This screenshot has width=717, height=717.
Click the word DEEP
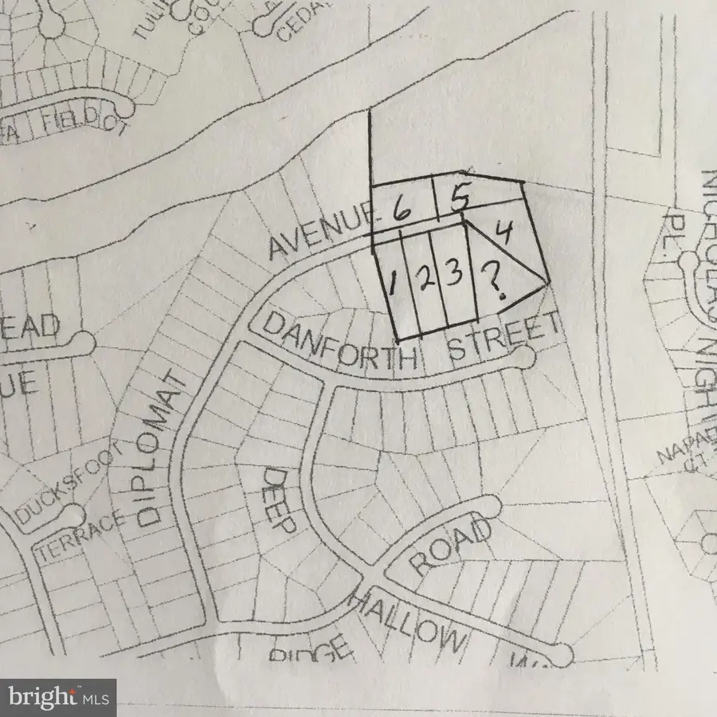[x=279, y=500]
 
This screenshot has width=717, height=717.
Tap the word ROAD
[x=450, y=549]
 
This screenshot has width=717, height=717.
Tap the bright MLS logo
[x=58, y=697]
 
